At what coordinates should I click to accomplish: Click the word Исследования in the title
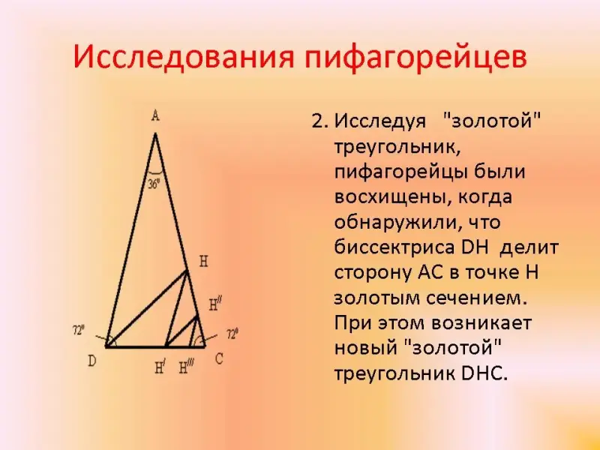coord(184,58)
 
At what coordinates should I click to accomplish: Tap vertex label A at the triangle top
coord(155,115)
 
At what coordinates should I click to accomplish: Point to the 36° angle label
coord(154,184)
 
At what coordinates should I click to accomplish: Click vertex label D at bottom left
coord(91,361)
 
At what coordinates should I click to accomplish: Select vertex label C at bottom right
coord(219,359)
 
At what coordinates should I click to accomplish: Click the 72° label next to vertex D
coord(79,330)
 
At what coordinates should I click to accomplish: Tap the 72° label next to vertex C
coord(232,334)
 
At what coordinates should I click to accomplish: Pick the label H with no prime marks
coord(203,262)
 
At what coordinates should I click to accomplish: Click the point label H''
coord(215,304)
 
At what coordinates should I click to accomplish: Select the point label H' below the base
coord(160,368)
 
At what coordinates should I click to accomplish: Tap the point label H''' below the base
coord(185,368)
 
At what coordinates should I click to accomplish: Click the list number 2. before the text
coord(320,121)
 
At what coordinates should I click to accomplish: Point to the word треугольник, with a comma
coord(397,148)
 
